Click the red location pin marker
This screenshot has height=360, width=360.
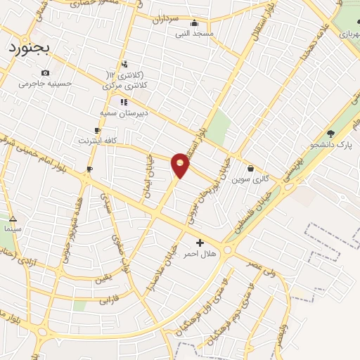pyautogui.click(x=181, y=165)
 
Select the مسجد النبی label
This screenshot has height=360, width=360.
pyautogui.click(x=200, y=33)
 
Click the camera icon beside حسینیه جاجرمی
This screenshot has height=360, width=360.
pyautogui.click(x=46, y=72)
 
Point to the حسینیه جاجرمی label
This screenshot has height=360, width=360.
pyautogui.click(x=46, y=84)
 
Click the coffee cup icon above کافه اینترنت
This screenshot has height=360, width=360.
pyautogui.click(x=97, y=130)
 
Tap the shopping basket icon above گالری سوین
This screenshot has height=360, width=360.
pyautogui.click(x=251, y=168)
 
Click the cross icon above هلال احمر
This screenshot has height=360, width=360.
pyautogui.click(x=200, y=243)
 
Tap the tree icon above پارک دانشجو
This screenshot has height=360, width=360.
pyautogui.click(x=330, y=134)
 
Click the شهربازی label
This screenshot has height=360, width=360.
pyautogui.click(x=349, y=34)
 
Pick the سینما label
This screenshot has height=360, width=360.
pyautogui.click(x=13, y=229)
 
